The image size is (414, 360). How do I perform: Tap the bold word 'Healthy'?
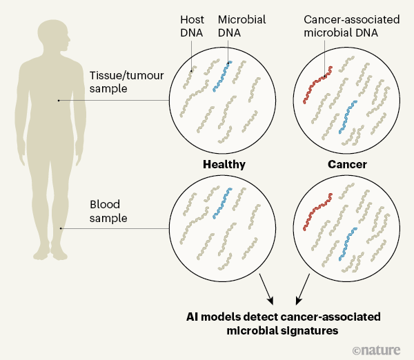[224, 166]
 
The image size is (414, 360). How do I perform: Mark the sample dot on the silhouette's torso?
[59, 101]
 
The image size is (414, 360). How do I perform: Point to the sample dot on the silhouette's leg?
[61, 229]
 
